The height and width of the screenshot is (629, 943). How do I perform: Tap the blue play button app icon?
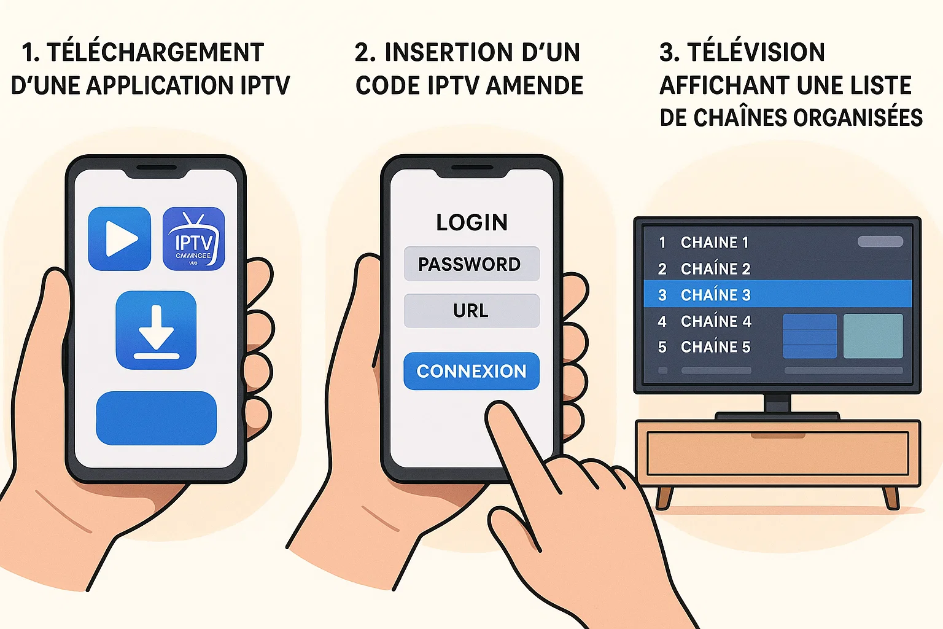[120, 238]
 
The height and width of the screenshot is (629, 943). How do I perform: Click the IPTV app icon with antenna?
[193, 238]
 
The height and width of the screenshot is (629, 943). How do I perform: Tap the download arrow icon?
[156, 330]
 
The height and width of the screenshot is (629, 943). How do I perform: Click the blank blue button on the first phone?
[156, 418]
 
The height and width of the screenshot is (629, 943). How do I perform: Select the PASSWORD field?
[471, 264]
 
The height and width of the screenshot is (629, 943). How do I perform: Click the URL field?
[471, 311]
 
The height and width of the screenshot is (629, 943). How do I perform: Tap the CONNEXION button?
[471, 371]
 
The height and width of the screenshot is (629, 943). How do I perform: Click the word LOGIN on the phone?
[471, 222]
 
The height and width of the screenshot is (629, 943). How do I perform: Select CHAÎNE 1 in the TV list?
[715, 243]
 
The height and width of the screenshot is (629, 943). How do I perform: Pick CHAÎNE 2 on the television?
[715, 269]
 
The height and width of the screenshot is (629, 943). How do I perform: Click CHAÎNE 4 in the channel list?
[716, 321]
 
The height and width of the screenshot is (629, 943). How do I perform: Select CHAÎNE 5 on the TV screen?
[715, 347]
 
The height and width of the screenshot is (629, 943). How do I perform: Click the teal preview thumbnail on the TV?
[872, 336]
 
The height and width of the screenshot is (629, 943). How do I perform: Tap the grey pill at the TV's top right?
[880, 241]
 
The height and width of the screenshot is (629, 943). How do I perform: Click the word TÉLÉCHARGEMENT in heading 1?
[155, 53]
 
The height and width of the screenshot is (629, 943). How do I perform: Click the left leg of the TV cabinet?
[663, 497]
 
